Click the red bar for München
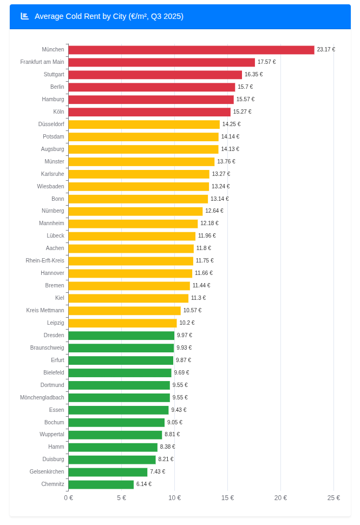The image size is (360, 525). (191, 50)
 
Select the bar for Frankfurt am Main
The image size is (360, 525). (161, 62)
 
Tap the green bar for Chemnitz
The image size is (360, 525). (101, 484)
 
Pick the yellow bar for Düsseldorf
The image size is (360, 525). (144, 124)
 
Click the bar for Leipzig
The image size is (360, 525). (122, 323)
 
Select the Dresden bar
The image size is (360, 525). (121, 336)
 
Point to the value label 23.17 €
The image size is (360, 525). (326, 50)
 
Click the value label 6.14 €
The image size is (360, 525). (144, 484)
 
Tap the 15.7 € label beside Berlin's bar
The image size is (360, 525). (245, 87)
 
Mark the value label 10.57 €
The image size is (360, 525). (192, 311)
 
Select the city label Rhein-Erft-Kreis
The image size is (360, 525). (45, 261)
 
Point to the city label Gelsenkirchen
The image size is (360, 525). (47, 472)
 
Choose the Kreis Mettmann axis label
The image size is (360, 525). (45, 311)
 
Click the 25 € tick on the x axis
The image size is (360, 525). (333, 498)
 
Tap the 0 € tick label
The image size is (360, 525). (68, 498)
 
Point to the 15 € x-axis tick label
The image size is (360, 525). (227, 498)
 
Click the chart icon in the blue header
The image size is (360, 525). (24, 16)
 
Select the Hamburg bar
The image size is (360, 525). (151, 100)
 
